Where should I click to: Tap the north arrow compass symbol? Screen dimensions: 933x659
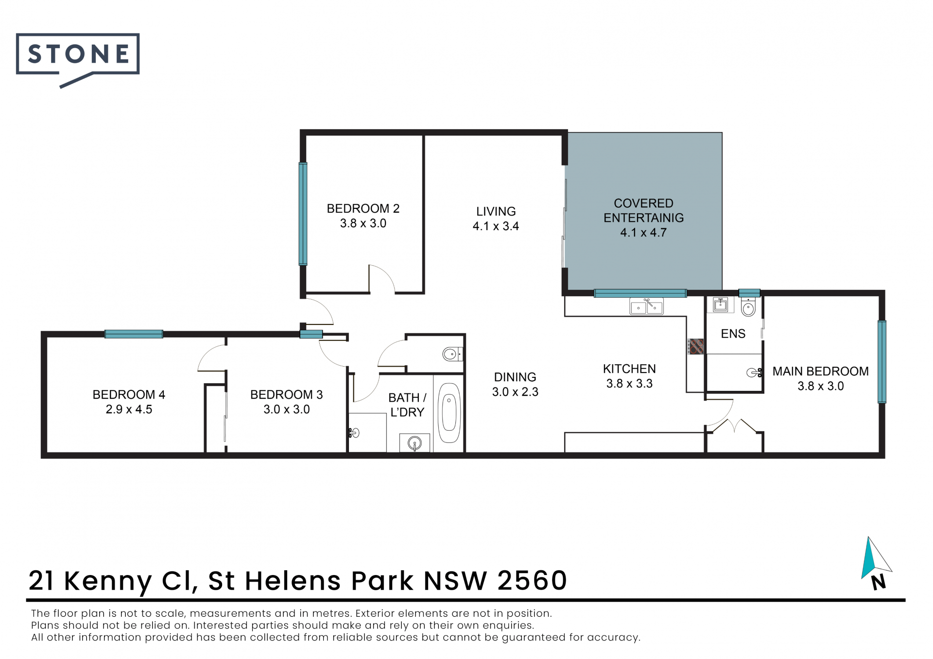point(876,563)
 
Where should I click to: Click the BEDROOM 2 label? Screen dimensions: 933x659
point(363,209)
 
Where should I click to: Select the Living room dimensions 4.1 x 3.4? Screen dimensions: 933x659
point(496,226)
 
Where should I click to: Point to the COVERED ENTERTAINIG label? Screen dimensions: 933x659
point(643,211)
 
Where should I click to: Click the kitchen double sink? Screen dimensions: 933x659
point(646,307)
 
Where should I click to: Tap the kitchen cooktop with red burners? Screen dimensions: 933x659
point(696,346)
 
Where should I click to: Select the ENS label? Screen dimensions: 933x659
point(733,334)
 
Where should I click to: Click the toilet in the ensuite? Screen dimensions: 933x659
point(748,307)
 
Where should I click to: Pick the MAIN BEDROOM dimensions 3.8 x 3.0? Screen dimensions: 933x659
point(820,386)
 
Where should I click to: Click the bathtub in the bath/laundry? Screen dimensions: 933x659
point(449,412)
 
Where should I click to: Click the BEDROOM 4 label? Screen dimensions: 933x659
point(129,395)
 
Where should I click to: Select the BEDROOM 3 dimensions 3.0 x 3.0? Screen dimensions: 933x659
point(287,409)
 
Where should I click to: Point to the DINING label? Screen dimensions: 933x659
point(515,377)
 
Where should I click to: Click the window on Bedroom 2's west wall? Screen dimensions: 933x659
point(303,214)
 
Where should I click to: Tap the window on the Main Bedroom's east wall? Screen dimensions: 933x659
point(882,362)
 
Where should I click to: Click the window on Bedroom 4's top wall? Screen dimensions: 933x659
point(134,334)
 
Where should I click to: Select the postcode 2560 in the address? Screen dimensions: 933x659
point(533,580)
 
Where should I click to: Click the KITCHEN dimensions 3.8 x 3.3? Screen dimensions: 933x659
point(629,384)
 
